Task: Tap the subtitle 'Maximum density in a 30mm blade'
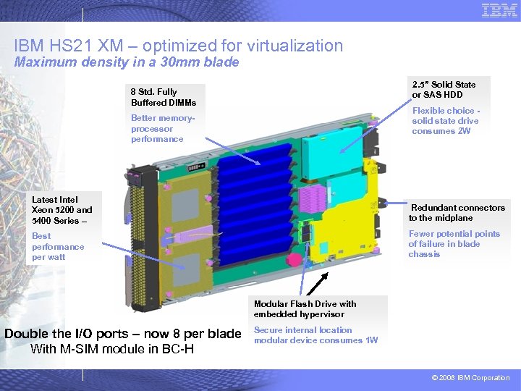127,62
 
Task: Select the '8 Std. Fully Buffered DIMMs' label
163,97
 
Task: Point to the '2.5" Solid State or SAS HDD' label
444,90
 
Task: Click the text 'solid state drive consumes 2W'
445,126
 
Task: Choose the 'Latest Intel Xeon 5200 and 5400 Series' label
62,210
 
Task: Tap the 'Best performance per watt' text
58,246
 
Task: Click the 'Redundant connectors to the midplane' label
457,213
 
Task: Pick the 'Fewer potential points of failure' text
454,244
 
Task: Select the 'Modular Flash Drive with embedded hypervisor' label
305,309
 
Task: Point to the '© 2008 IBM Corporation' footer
470,378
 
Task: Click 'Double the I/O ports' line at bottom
122,334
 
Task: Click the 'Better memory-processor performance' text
158,128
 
